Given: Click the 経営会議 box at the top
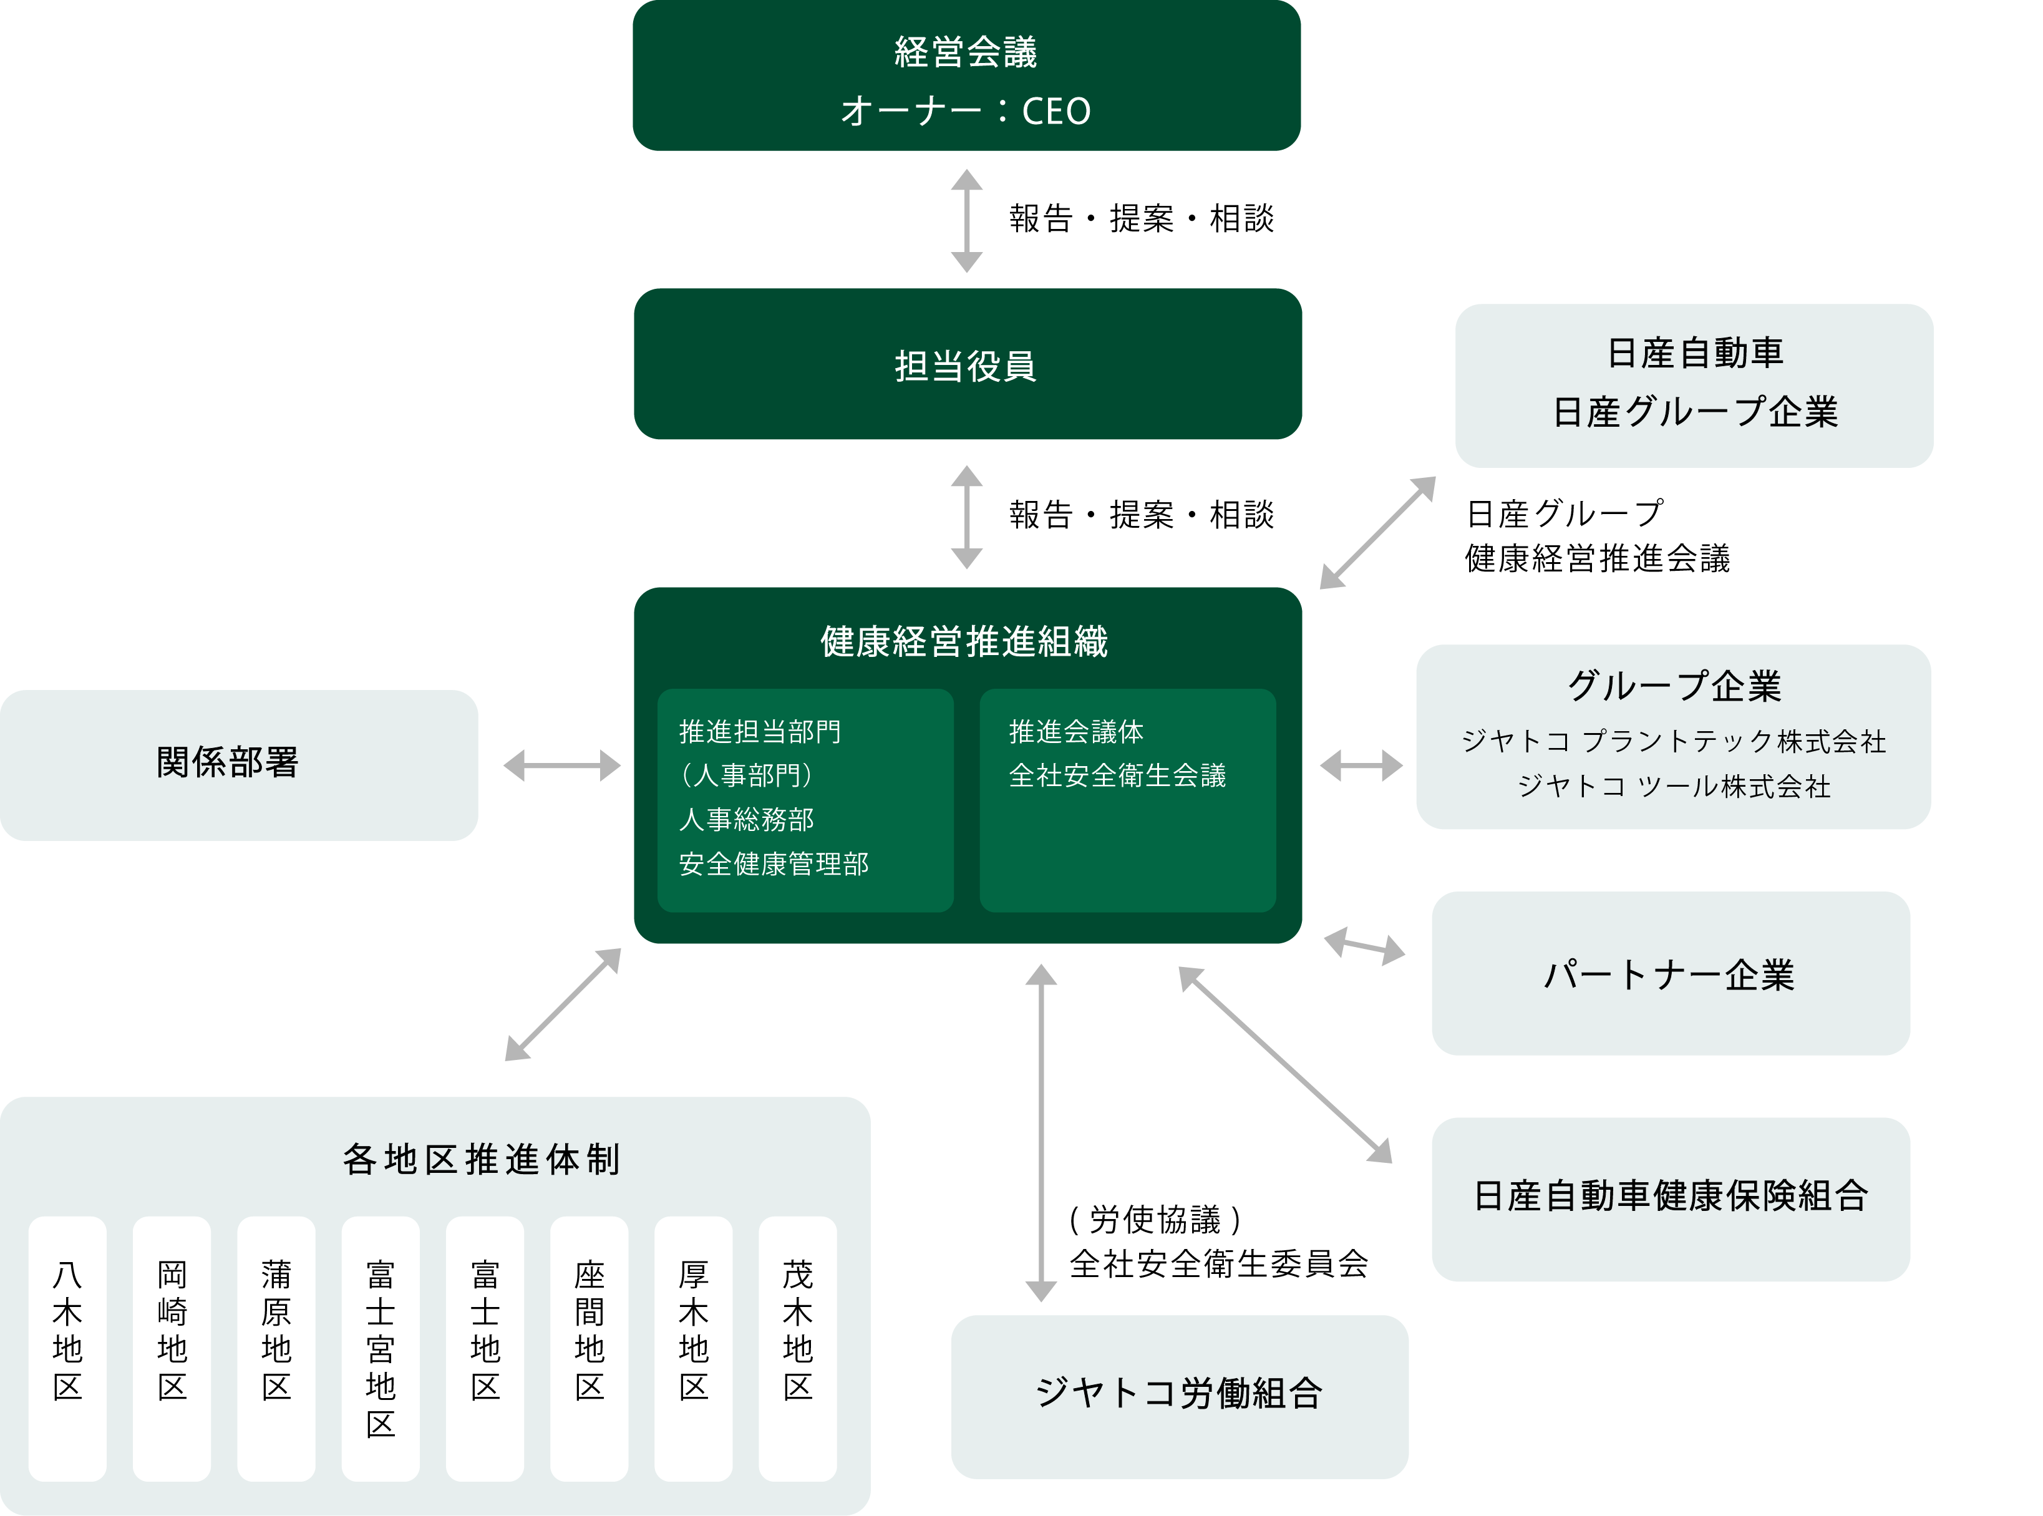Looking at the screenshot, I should coord(966,76).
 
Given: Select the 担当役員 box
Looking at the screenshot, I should coord(967,364).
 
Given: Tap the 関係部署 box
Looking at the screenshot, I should coord(238,764).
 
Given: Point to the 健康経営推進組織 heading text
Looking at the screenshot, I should coord(964,641).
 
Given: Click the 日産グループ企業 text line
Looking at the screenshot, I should coord(1694,412).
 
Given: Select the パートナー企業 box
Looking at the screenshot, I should coord(1669,974).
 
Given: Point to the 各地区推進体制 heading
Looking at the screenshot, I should coord(481,1160).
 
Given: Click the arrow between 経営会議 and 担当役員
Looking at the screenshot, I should coord(966,220).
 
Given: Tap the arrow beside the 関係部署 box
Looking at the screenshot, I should coord(561,764).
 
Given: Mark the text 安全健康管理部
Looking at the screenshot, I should coord(774,863).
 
